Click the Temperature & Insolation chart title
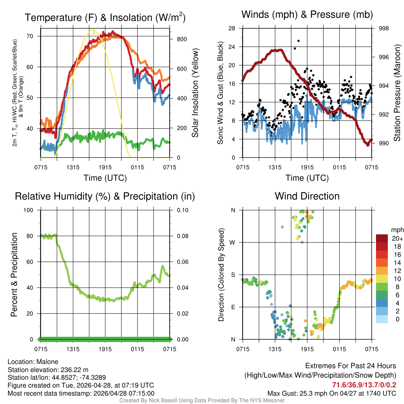coord(105,18)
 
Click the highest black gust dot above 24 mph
coord(299,41)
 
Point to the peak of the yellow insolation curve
coord(93,30)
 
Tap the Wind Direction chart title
coord(307,196)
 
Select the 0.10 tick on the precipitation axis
coord(182,210)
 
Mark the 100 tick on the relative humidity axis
coord(31,210)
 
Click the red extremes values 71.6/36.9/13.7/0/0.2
coord(364,385)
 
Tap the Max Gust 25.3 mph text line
coord(331,393)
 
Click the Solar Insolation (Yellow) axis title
coord(195,93)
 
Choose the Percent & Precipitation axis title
coord(14,275)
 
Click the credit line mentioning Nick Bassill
coord(202,400)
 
